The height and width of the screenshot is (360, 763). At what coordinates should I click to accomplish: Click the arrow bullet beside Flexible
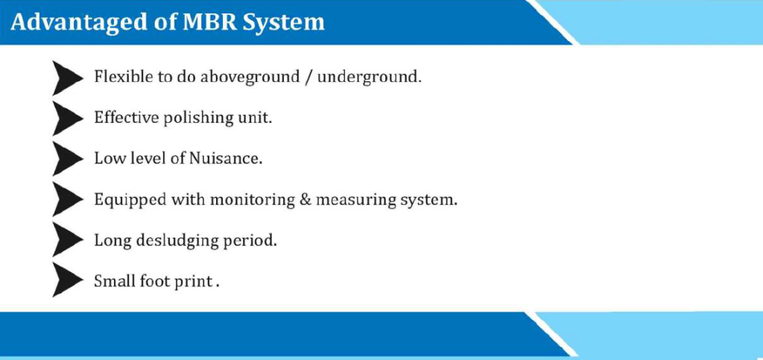click(x=67, y=78)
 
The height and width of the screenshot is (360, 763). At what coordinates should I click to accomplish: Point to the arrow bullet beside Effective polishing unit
click(x=67, y=119)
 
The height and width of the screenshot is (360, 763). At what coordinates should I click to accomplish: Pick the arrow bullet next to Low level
click(x=67, y=159)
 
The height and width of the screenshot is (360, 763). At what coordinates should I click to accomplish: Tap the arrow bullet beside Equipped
click(x=67, y=199)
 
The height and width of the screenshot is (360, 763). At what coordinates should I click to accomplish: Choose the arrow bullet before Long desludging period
click(x=67, y=239)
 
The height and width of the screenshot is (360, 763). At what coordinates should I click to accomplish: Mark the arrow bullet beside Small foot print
click(x=67, y=280)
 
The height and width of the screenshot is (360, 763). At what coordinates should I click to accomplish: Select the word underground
click(x=368, y=78)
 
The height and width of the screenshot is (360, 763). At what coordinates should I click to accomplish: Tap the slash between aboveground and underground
click(x=308, y=78)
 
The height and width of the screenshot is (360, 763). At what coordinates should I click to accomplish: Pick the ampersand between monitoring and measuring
click(x=305, y=200)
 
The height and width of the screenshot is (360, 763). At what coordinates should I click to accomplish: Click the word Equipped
click(x=127, y=200)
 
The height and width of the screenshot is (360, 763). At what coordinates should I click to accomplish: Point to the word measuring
click(x=355, y=200)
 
